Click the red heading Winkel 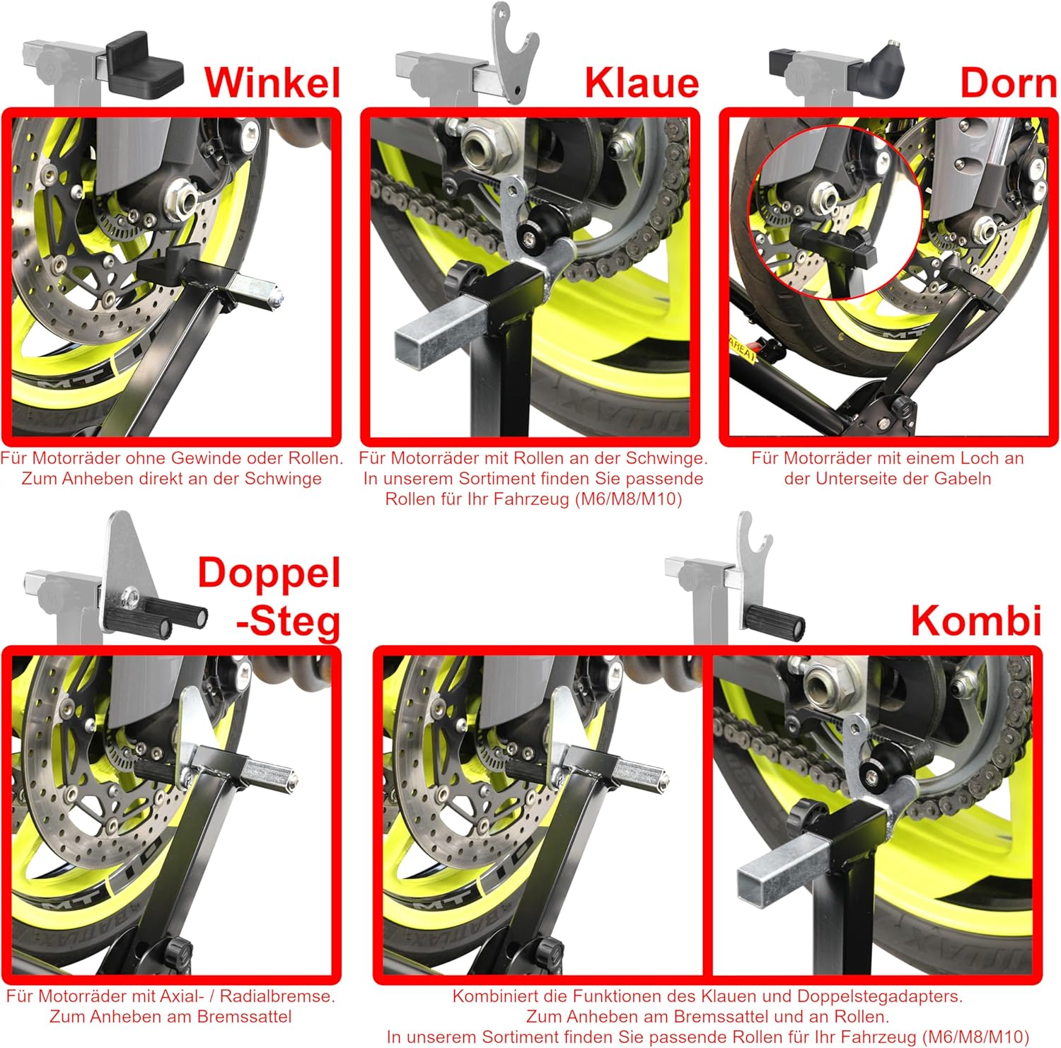[x=273, y=82]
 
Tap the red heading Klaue [x=642, y=83]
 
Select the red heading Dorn [x=1008, y=83]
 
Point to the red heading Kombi [x=976, y=620]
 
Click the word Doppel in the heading [x=269, y=573]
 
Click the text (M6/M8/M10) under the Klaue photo [x=629, y=499]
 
